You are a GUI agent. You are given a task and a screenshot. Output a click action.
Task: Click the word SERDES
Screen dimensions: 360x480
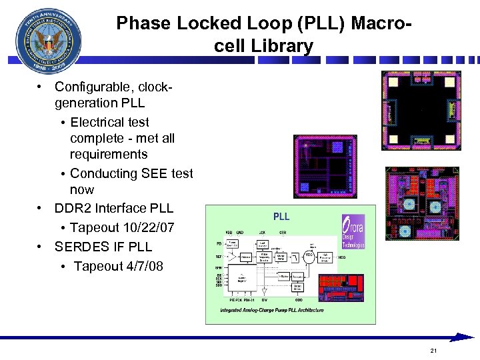[x=75, y=247]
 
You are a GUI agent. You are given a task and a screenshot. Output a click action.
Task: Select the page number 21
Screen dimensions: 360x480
[x=433, y=351]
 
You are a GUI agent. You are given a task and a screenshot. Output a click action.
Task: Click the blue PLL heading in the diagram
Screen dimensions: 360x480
[x=281, y=216]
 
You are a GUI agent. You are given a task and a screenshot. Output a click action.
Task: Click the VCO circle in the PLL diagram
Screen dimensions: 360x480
[x=309, y=255]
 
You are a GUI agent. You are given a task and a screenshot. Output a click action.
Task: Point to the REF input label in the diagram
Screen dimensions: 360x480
[x=219, y=256]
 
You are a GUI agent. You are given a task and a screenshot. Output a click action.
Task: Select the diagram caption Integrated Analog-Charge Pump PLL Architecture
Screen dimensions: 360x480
[x=272, y=310]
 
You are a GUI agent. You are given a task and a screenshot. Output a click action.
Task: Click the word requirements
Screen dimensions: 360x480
[x=109, y=154]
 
